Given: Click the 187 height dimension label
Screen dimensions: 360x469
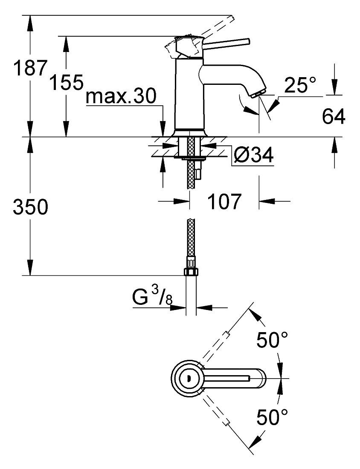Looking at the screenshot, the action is click(x=30, y=68).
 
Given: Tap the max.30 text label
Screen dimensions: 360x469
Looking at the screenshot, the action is click(x=121, y=96).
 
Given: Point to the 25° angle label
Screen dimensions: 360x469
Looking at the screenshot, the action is click(x=300, y=85).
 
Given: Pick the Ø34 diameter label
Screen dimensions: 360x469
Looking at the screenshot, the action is click(x=253, y=155).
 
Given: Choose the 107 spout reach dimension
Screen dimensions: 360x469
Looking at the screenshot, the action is click(x=224, y=202).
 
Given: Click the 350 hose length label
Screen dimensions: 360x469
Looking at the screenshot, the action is click(x=30, y=207).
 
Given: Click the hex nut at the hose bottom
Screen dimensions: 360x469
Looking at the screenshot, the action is click(x=191, y=271).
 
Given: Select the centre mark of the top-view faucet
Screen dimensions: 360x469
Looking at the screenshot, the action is click(x=188, y=378).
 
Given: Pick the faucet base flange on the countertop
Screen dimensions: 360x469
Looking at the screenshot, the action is click(x=190, y=133).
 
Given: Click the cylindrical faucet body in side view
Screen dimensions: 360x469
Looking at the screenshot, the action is click(x=189, y=94).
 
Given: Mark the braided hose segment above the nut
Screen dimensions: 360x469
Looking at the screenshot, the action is click(x=191, y=237).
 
